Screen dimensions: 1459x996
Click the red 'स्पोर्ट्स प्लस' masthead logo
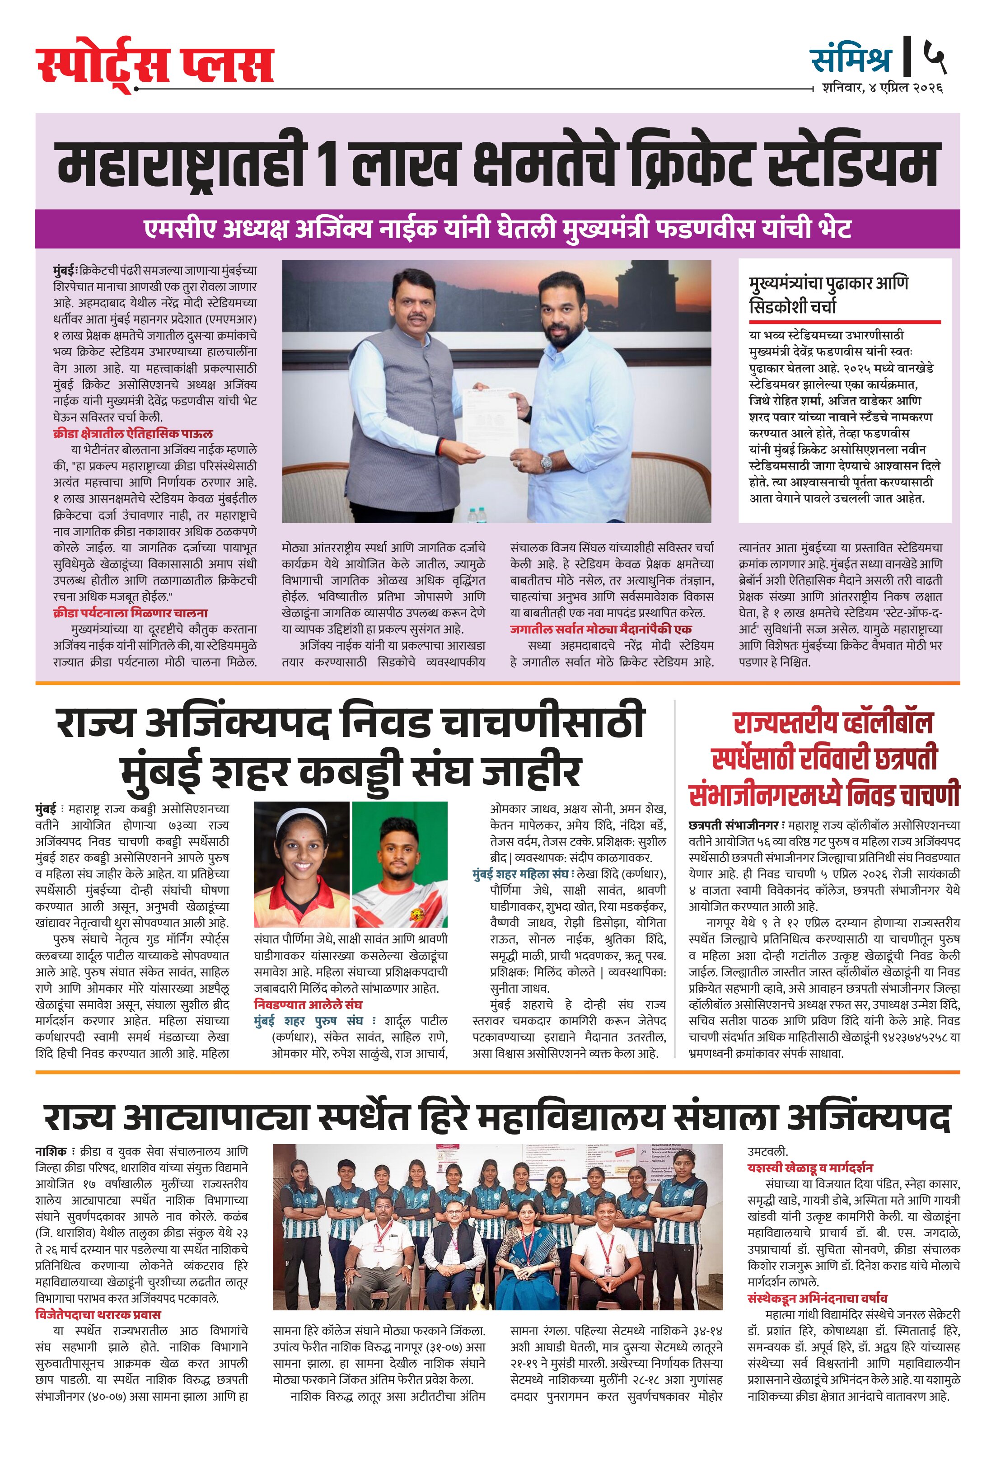[154, 65]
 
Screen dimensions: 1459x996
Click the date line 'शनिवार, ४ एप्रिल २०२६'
[882, 88]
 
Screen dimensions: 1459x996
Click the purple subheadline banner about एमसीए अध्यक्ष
[497, 229]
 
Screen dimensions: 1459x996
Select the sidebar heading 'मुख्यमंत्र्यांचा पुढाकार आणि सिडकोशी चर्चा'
[828, 295]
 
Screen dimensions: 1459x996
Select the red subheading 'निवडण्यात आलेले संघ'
[308, 1004]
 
